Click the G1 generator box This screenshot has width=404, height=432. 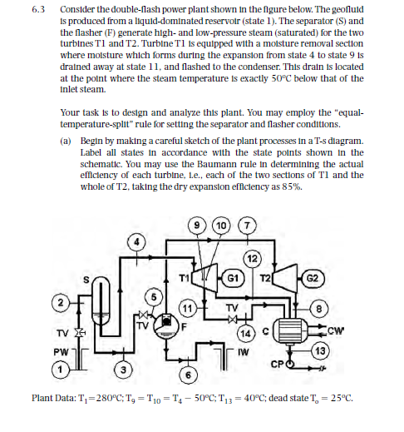pos(237,280)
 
